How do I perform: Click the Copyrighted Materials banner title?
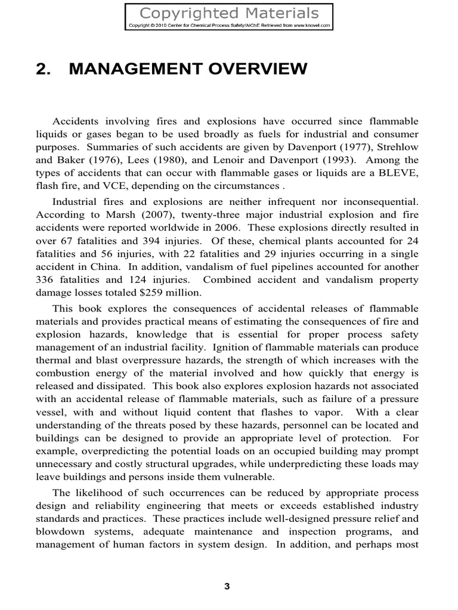click(229, 13)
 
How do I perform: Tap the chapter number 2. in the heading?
click(45, 70)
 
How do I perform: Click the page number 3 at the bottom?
click(227, 586)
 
